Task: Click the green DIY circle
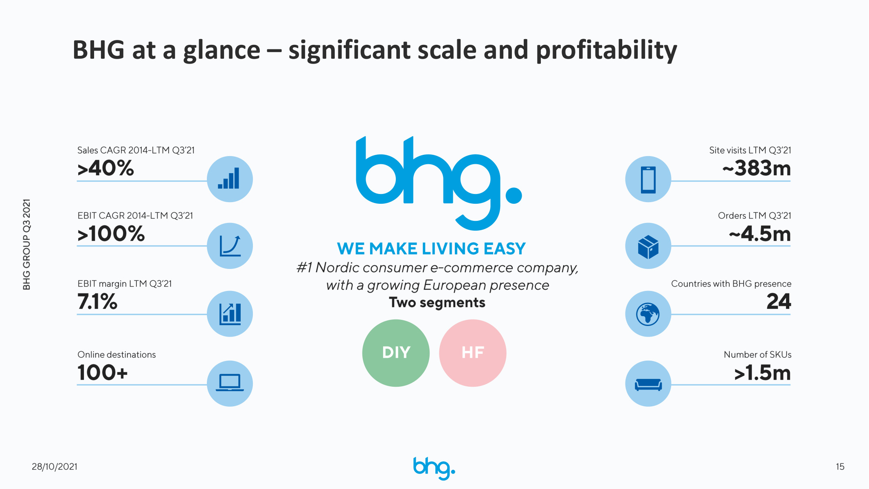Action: [x=396, y=353]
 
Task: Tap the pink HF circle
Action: [x=473, y=353]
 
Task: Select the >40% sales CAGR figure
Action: [x=105, y=168]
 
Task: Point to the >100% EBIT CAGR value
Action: [x=111, y=234]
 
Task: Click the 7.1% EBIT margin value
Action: [x=97, y=302]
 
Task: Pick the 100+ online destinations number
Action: [x=103, y=372]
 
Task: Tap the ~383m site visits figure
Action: [x=757, y=168]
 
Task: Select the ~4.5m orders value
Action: [x=760, y=234]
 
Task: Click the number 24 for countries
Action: [x=779, y=302]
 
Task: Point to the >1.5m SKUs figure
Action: [x=762, y=372]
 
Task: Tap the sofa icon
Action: [x=648, y=384]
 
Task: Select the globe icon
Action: [x=648, y=314]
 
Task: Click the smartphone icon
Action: [x=648, y=179]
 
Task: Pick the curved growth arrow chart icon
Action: [x=230, y=246]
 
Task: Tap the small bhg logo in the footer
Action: [x=434, y=468]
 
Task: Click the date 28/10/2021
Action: [x=55, y=467]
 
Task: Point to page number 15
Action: [x=840, y=467]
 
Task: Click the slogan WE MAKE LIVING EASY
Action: [x=431, y=249]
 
